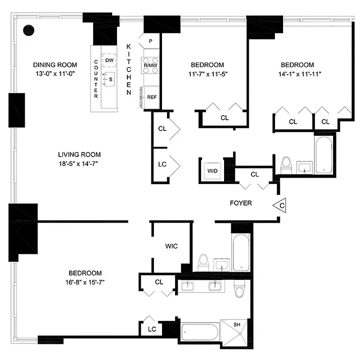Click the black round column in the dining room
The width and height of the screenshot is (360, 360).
point(29,30)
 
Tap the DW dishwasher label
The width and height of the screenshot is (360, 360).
point(109,61)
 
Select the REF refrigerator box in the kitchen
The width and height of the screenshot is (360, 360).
point(151,97)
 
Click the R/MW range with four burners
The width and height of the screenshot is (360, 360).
point(150,65)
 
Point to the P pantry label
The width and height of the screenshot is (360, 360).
point(150,41)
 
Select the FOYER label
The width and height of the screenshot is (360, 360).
point(241,203)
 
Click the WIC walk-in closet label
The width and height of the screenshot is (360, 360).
point(171,246)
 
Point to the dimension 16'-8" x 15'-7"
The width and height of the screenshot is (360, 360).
point(85,282)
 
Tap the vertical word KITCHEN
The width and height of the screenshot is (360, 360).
point(128,69)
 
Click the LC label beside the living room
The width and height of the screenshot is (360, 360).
point(162,164)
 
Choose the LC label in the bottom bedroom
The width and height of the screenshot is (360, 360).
point(152,329)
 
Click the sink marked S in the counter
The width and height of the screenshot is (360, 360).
point(109,79)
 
